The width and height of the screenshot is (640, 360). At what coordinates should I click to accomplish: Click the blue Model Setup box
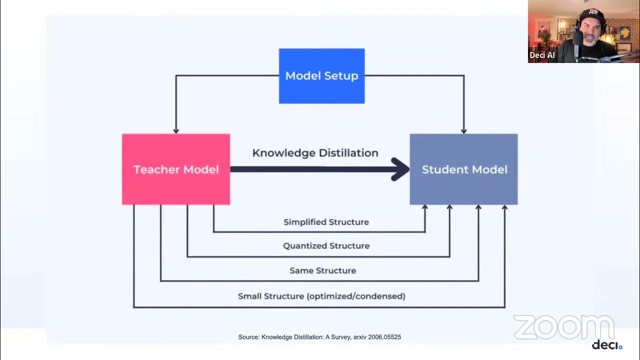pos(321,76)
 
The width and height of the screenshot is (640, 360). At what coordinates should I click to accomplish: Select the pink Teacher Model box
pos(176,169)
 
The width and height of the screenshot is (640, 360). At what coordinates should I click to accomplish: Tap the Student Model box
pos(464,169)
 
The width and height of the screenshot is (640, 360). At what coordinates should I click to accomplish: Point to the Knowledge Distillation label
pos(315,153)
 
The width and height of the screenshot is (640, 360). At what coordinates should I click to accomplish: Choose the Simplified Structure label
pos(326,222)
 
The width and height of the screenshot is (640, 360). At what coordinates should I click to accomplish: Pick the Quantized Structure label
pos(326,246)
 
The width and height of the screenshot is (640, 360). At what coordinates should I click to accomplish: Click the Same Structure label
pos(322,270)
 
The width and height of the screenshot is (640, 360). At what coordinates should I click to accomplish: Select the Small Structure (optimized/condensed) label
pos(321,296)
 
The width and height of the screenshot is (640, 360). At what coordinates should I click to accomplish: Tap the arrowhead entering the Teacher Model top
pos(176,130)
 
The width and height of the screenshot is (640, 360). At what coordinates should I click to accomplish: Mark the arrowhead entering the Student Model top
pos(464,130)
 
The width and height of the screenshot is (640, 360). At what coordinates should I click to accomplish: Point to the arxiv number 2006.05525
pos(384,337)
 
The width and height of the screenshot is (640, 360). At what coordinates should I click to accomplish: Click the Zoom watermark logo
pos(563,327)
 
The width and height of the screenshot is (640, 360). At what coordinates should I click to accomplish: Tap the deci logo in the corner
pos(606,345)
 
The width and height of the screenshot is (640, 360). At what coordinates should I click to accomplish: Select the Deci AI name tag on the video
pos(542,55)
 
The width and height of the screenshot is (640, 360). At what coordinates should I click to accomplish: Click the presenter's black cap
pos(593,15)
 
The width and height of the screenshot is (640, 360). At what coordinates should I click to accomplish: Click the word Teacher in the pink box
pos(154,169)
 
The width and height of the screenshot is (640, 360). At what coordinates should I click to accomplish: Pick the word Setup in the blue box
pos(341,76)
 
